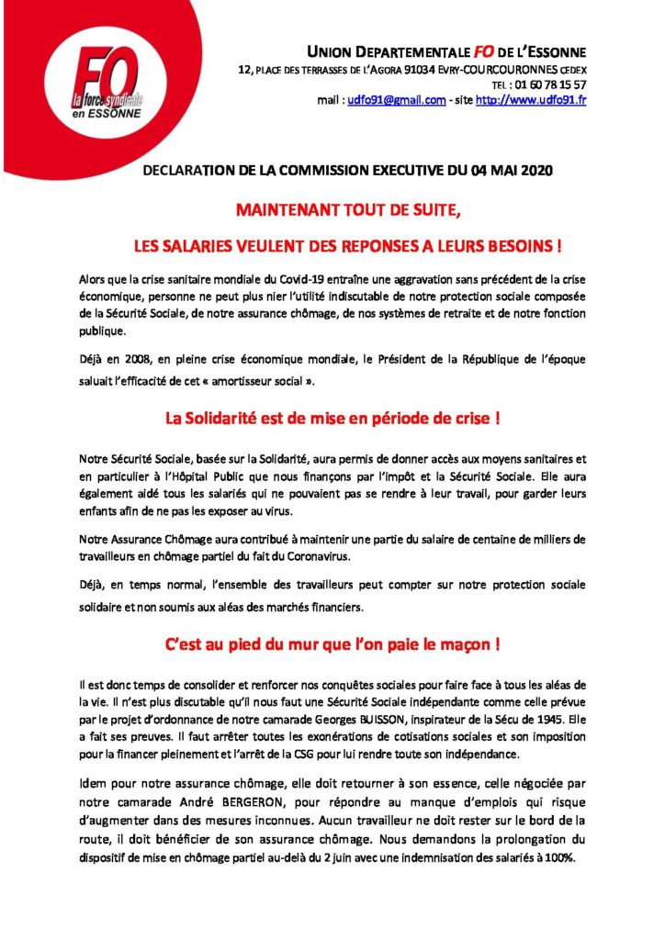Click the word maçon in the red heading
pyautogui.click(x=468, y=643)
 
